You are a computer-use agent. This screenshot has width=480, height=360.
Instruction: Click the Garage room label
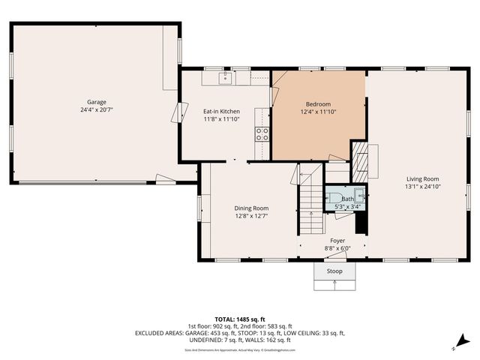(x=96, y=102)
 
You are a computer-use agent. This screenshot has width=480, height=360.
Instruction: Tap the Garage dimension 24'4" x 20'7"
(x=96, y=109)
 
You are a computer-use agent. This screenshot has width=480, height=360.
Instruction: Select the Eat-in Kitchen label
(x=221, y=111)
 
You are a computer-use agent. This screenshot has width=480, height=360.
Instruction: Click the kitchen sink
(x=226, y=77)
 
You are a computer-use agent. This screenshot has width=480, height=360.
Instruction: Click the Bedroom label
(x=318, y=104)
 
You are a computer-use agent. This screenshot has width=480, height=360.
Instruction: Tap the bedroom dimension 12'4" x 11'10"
(x=318, y=112)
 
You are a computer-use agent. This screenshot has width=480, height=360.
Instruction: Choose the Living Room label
(x=422, y=178)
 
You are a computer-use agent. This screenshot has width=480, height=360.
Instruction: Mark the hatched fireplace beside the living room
(x=361, y=159)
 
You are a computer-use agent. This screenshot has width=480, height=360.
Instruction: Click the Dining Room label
(x=251, y=208)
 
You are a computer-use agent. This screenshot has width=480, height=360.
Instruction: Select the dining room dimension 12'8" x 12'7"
(x=251, y=216)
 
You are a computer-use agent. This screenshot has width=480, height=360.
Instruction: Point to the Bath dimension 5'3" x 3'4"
(x=347, y=206)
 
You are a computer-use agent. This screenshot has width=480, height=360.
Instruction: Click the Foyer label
(x=337, y=241)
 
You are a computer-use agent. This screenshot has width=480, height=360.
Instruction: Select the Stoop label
(x=334, y=271)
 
